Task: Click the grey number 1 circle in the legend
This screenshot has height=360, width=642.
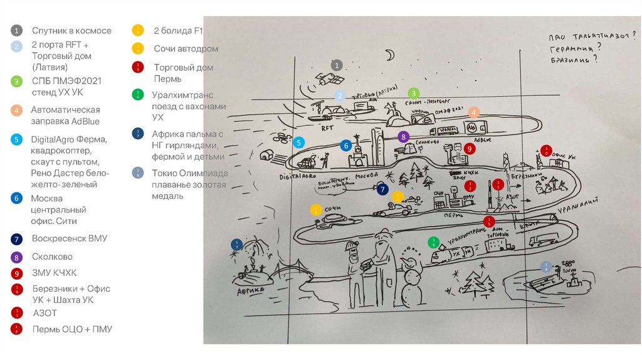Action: tap(17, 30)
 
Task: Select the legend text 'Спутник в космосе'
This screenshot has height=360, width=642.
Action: tap(71, 30)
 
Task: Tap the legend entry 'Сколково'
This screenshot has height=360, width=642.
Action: tap(52, 257)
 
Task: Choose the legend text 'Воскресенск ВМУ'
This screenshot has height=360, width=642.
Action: tap(69, 238)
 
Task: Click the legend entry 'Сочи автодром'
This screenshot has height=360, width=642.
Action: tap(186, 48)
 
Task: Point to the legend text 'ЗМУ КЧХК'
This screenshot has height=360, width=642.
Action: tap(55, 273)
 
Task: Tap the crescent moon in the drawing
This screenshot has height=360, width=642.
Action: tap(390, 56)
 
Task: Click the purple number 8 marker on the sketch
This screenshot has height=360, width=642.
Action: tap(404, 136)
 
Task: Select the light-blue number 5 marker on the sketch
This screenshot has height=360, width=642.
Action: tap(299, 143)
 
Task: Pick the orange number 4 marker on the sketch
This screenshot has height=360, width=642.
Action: tap(474, 113)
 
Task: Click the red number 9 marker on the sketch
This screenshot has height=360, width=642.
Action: tap(470, 149)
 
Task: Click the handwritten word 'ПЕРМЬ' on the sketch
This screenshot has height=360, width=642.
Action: tap(453, 214)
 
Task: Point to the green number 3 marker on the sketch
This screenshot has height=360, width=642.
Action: tap(413, 93)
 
